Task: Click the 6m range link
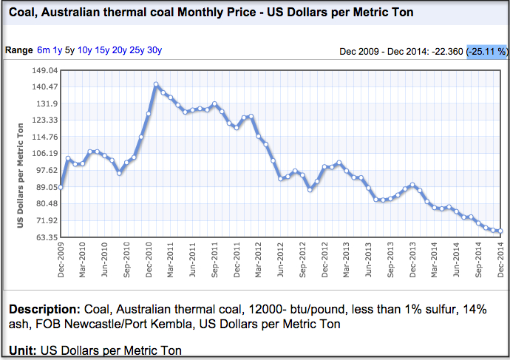[44, 50]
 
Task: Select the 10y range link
[85, 50]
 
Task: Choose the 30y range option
[154, 50]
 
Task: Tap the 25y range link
[137, 50]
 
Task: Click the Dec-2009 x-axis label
[61, 259]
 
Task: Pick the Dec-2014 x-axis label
[501, 259]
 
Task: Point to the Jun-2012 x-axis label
[281, 259]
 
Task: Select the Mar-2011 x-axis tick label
[171, 259]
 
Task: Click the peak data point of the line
[156, 84]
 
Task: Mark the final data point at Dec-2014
[500, 231]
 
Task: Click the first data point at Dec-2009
[61, 188]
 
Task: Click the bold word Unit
[21, 350]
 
